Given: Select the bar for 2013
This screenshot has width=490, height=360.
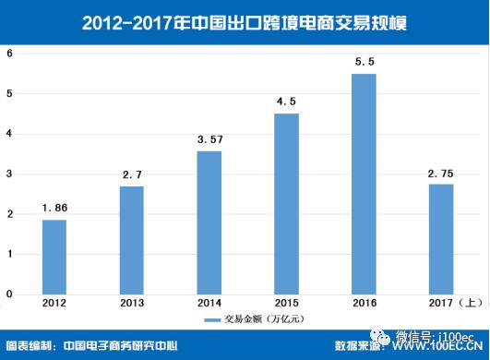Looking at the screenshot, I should (132, 240).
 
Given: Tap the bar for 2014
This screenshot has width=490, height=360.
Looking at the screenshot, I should (209, 222).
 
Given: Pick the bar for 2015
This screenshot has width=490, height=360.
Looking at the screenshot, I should (287, 204).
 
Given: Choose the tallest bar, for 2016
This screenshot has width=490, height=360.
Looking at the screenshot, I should (365, 184).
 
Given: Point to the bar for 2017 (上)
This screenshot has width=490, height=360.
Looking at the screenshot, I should (442, 239).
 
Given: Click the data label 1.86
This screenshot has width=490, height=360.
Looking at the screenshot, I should (54, 209).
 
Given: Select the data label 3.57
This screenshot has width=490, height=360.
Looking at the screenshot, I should (209, 139).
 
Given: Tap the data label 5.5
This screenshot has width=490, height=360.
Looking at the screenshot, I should (365, 62).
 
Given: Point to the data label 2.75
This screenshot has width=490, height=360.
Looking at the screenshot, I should (442, 173).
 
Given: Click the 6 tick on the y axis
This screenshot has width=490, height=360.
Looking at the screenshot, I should (9, 54).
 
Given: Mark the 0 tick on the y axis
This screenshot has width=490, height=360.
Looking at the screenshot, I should (9, 294).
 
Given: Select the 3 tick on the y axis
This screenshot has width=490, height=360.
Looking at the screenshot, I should (9, 174).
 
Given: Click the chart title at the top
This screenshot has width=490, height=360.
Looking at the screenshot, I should (245, 20).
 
